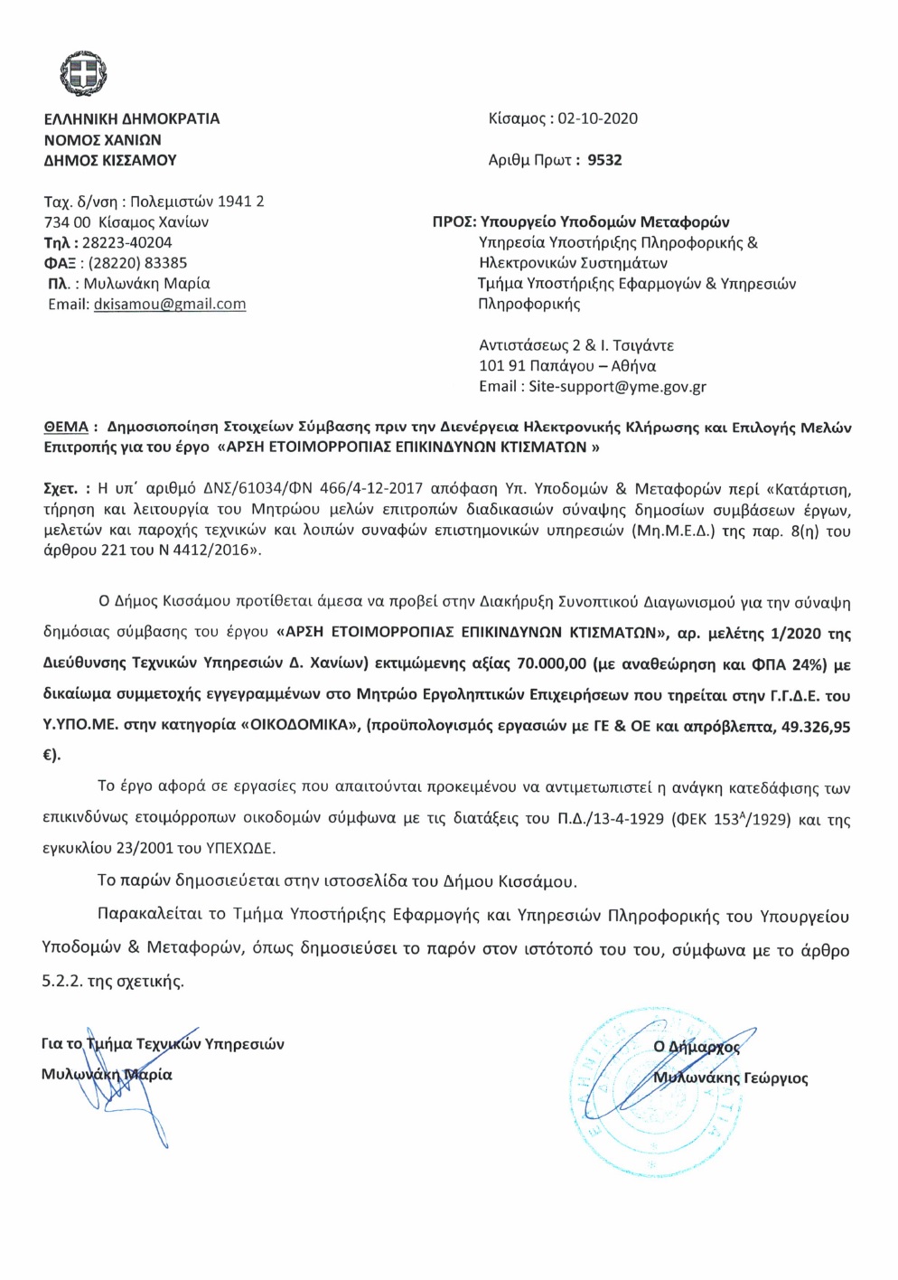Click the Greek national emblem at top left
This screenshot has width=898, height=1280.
point(83,72)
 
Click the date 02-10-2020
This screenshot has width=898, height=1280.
point(597,118)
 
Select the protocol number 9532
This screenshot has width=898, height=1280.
point(604,160)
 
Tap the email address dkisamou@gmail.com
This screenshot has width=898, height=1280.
point(170,305)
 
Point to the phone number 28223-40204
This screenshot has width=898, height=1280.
point(126,242)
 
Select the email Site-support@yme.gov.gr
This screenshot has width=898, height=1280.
point(617,387)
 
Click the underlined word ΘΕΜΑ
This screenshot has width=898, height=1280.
point(66,427)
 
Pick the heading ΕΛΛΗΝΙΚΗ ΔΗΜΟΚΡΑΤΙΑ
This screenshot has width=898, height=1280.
point(132,118)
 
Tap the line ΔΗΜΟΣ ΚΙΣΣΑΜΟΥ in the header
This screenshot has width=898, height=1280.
point(110,160)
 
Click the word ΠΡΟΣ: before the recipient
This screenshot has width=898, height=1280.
point(454,221)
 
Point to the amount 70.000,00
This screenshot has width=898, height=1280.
point(552,664)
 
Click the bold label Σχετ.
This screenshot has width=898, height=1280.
point(60,489)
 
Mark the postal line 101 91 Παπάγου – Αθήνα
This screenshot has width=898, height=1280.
point(567,366)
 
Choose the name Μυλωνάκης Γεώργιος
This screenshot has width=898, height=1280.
point(730,1078)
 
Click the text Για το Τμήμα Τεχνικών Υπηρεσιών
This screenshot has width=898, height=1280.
point(163,1044)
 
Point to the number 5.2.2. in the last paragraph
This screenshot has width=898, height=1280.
point(61,981)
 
